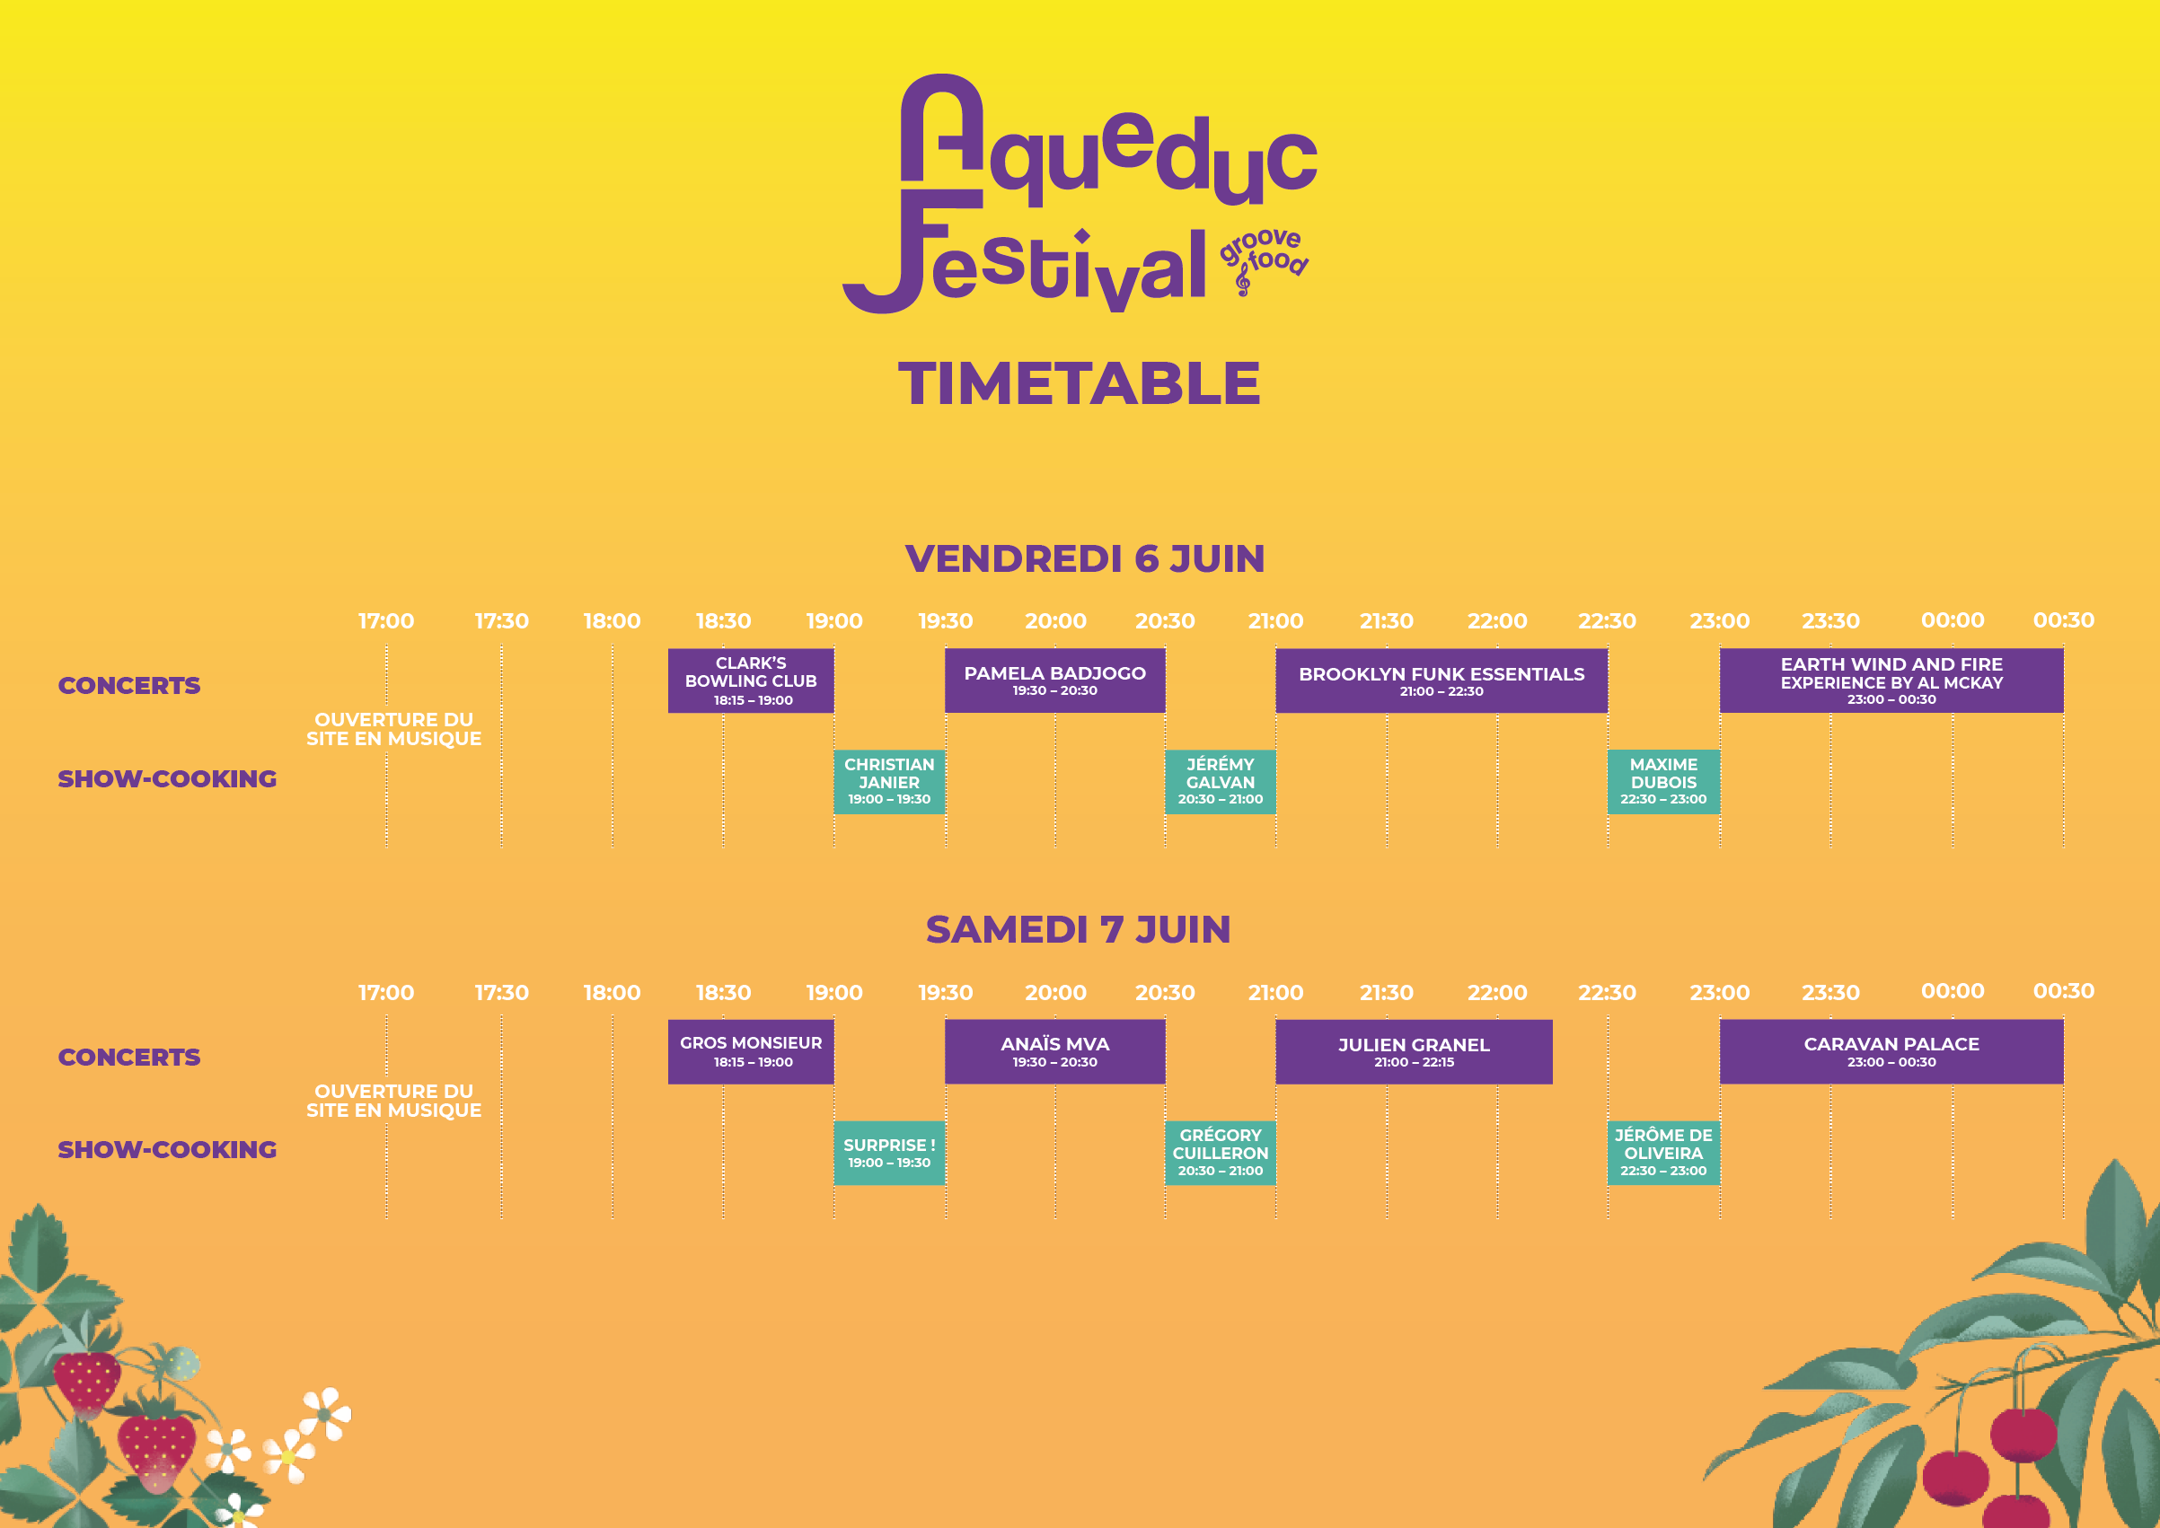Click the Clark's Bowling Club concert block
[751, 681]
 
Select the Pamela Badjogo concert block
[1055, 681]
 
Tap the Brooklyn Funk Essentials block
[1441, 681]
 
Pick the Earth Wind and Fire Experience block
[1891, 681]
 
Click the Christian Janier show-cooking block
[889, 782]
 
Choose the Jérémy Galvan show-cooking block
[1221, 782]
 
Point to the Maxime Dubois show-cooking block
[1664, 782]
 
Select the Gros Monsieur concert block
[751, 1052]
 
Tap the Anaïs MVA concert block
[1055, 1052]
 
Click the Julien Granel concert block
[1414, 1052]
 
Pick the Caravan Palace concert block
[1891, 1052]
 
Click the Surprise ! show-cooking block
[889, 1153]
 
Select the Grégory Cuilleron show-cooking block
[1221, 1153]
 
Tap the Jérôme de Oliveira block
[1664, 1153]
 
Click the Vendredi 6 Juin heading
[1084, 559]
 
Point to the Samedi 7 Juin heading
[1079, 929]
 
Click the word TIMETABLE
[1080, 384]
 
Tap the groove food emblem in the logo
[1264, 259]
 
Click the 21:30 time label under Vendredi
[1387, 621]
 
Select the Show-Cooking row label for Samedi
[168, 1150]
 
